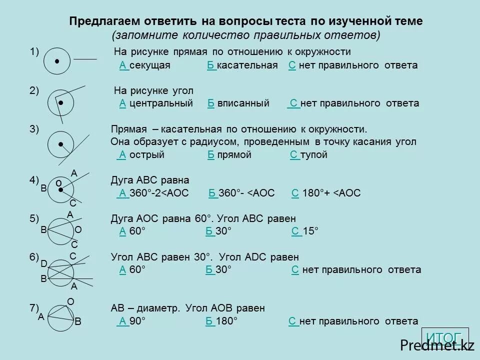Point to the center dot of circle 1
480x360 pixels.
[x=57, y=61]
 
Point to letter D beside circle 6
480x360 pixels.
[x=43, y=263]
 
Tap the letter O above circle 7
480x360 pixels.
[x=70, y=301]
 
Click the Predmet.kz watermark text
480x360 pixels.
[x=436, y=344]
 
